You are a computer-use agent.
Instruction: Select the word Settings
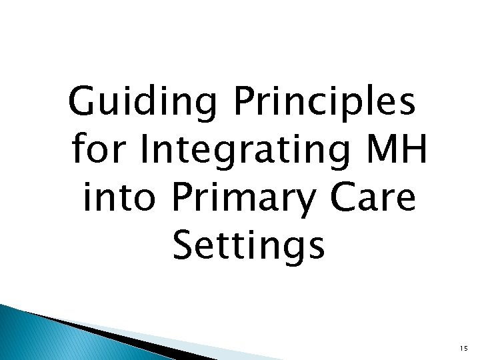pos(249,245)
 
